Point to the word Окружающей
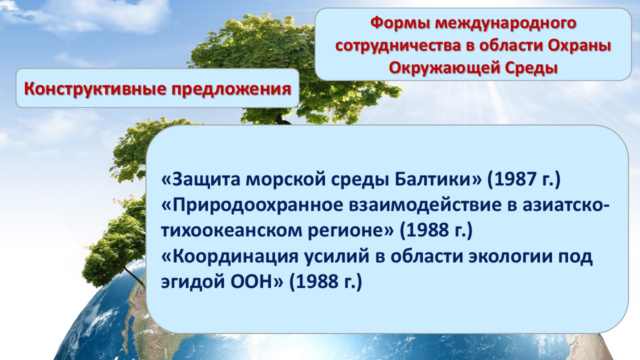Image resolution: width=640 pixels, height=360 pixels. (441, 69)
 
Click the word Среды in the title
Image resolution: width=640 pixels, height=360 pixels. (529, 68)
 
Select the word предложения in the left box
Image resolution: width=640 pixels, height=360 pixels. (231, 89)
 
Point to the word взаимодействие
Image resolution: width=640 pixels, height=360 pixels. (425, 205)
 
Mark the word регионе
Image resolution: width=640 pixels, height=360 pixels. (350, 231)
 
